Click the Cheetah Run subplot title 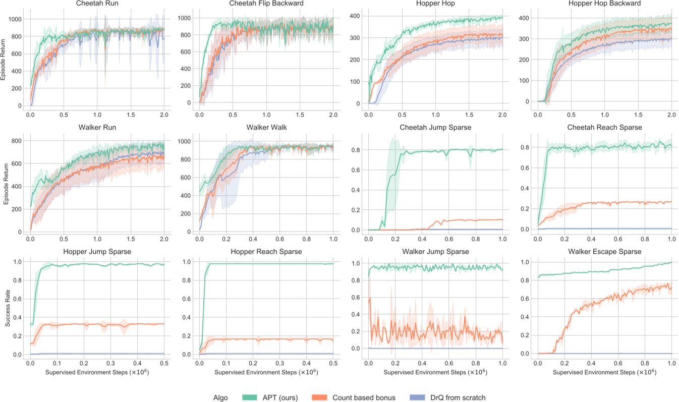[98, 4]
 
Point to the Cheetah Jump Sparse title [436, 128]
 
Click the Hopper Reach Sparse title [267, 251]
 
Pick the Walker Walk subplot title [267, 128]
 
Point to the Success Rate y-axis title [8, 308]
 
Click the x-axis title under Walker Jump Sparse [436, 372]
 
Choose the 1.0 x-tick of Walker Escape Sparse [671, 363]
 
